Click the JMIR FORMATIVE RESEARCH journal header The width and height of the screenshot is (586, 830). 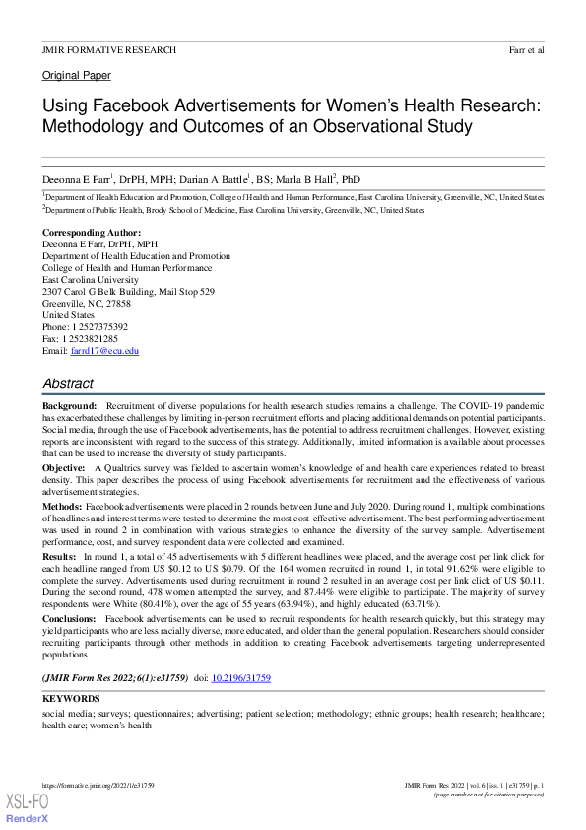(109, 49)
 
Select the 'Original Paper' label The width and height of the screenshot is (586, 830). (76, 75)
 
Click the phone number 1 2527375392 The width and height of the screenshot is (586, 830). (99, 327)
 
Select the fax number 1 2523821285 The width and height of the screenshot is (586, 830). (94, 339)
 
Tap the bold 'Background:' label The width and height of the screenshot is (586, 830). (69, 406)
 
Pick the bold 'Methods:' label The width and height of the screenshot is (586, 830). (62, 504)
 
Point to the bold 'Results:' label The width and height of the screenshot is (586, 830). (60, 557)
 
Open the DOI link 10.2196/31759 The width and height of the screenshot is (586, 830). (243, 678)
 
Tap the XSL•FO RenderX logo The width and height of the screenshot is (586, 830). (27, 807)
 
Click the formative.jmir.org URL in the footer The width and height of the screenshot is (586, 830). (98, 785)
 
